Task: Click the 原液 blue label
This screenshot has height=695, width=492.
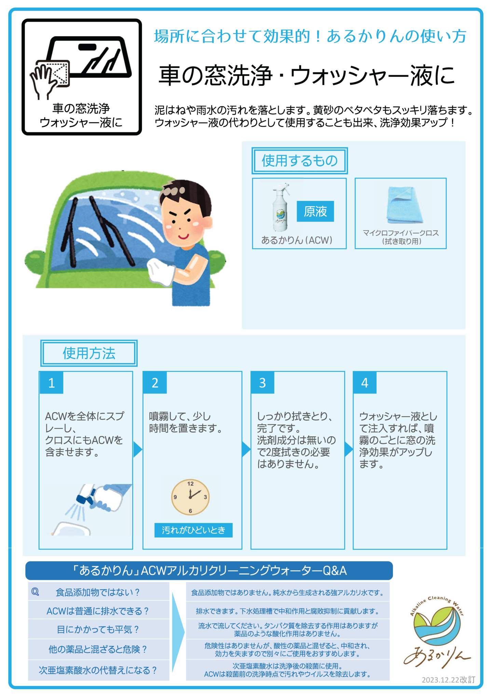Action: click(x=315, y=211)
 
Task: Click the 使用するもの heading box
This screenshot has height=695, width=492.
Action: click(x=300, y=161)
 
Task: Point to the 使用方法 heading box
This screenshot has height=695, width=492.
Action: click(x=89, y=353)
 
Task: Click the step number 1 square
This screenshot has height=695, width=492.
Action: click(x=52, y=383)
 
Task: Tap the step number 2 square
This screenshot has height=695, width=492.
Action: click(x=155, y=383)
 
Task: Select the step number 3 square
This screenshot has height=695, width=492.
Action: click(x=262, y=383)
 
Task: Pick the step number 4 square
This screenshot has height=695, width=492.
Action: click(x=365, y=383)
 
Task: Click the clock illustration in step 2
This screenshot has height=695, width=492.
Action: click(x=190, y=497)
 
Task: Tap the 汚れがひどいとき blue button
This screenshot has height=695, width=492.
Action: click(x=193, y=530)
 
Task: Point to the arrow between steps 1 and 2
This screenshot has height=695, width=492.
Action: click(x=137, y=449)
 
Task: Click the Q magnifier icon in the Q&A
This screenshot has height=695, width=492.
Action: click(x=35, y=592)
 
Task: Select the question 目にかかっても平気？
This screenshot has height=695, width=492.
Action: click(x=98, y=629)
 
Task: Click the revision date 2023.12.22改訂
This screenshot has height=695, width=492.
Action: click(x=448, y=680)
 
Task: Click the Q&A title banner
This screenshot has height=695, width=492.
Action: click(x=209, y=571)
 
